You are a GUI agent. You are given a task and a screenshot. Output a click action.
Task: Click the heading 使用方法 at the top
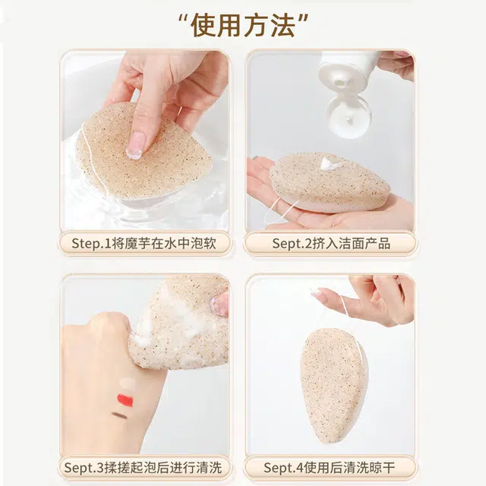243,25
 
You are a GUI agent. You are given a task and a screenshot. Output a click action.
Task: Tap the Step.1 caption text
144,244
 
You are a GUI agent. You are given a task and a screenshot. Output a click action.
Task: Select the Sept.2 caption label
331,244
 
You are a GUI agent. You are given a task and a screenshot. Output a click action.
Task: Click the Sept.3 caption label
144,468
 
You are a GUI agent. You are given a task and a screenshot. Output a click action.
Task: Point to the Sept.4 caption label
330,468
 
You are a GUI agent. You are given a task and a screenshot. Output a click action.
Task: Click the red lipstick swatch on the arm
125,400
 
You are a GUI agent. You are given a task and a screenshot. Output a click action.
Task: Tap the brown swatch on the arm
119,415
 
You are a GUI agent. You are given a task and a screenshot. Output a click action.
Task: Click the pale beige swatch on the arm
128,383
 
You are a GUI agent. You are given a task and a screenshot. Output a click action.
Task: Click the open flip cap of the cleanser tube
349,117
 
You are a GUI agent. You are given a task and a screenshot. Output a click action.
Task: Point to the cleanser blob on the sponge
330,163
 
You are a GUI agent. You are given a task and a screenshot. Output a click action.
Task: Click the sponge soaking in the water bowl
144,152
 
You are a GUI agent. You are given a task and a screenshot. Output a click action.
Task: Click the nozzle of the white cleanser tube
341,83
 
